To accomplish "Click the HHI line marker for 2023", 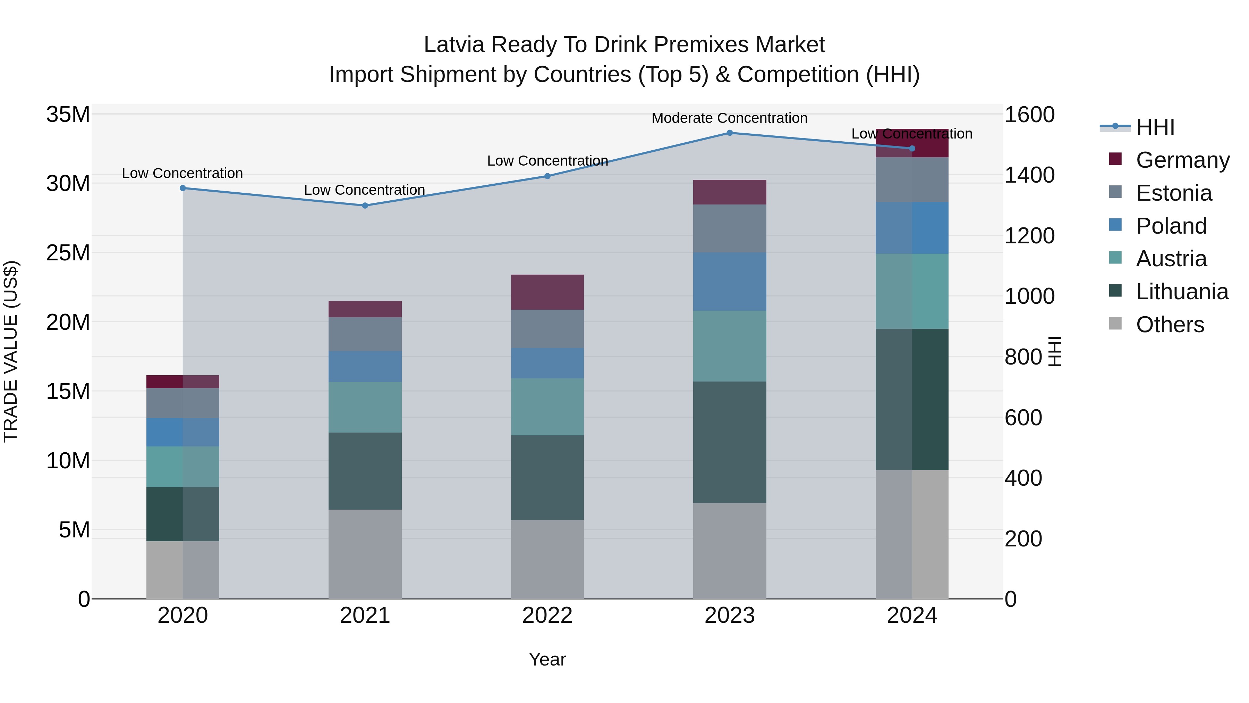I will point(729,133).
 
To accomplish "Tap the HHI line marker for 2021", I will point(365,206).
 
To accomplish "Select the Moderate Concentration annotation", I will point(729,118).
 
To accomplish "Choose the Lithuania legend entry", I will point(1182,292).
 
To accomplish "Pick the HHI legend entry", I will point(1155,127).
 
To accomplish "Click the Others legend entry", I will point(1170,325).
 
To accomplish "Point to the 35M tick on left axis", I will point(68,115).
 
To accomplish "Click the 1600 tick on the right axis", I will point(1029,115).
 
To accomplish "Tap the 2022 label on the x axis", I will point(547,616).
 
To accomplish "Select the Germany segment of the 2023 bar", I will point(729,192).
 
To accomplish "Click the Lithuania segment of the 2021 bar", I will point(365,471).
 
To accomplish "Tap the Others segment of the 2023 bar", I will point(729,551).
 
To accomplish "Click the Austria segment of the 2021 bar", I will point(365,407).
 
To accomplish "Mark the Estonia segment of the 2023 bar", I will point(729,228).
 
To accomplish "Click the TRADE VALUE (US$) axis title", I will point(11,351).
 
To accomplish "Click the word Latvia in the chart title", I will point(453,45).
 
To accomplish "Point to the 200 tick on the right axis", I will point(1023,538).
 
